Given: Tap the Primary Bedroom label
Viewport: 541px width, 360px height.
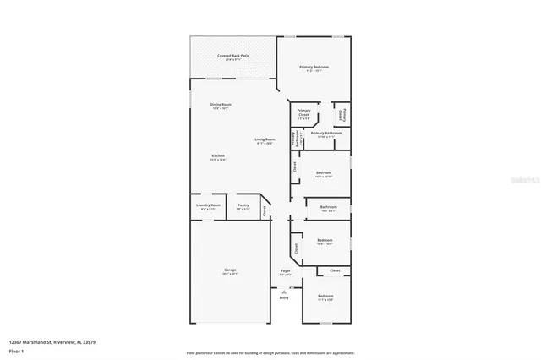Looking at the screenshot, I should [314, 66].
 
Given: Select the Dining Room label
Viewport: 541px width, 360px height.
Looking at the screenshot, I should [221, 104].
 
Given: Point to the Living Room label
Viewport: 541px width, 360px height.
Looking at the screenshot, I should [265, 139].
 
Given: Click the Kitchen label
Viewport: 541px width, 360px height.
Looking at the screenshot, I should [218, 156].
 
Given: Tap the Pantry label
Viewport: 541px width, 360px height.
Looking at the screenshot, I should [243, 205].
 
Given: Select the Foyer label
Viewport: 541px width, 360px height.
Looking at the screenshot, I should [285, 271].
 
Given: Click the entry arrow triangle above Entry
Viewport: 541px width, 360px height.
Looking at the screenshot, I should [284, 291].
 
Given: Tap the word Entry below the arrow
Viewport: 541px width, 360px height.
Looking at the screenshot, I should [284, 297].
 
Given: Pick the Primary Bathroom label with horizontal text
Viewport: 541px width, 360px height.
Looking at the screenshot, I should [325, 133].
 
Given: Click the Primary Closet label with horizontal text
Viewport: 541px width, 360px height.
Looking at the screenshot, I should [303, 113].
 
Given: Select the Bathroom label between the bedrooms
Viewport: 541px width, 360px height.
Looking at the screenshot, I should [328, 206].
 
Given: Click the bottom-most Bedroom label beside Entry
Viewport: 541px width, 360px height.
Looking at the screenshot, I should [325, 296].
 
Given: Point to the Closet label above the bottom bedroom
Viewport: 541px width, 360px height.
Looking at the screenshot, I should [335, 270].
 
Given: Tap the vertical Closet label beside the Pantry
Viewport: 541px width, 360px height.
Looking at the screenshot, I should [264, 211].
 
